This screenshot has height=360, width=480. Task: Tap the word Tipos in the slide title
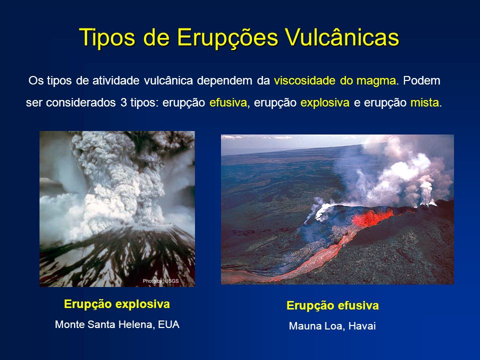coord(107,38)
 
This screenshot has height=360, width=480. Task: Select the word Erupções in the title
coord(227,38)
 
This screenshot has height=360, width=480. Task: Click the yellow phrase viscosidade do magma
coord(335,81)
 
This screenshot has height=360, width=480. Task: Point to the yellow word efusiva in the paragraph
coord(228,102)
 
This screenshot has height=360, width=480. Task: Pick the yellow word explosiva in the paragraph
coord(325,103)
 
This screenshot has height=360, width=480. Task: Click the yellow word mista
coord(424,102)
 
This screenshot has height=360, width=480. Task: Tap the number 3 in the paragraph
coord(123,102)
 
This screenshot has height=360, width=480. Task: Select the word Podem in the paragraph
coord(421,81)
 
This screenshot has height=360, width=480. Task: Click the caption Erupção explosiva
coord(117,304)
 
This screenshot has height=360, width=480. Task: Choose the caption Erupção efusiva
coord(332,305)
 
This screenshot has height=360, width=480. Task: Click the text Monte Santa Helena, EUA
coord(117,324)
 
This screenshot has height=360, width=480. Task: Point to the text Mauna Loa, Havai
coord(332,325)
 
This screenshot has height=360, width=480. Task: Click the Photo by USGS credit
coord(160,281)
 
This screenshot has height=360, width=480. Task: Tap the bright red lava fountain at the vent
coord(372,217)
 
